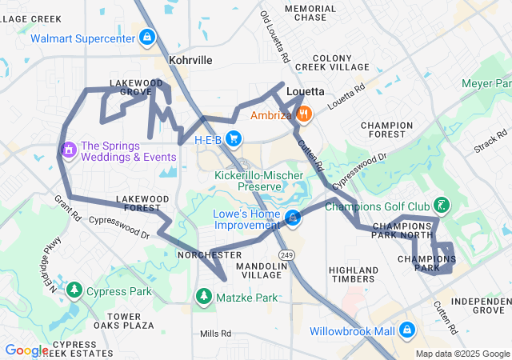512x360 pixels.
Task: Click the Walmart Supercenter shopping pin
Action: pyautogui.click(x=147, y=38)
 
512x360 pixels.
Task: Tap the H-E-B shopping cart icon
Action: pyautogui.click(x=234, y=139)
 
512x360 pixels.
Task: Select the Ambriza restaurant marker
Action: pyautogui.click(x=303, y=115)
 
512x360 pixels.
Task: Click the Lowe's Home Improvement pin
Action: pyautogui.click(x=294, y=218)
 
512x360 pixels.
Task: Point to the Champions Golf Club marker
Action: pyautogui.click(x=440, y=206)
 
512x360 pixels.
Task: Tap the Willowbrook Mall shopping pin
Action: pyautogui.click(x=407, y=330)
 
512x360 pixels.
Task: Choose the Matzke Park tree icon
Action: pyautogui.click(x=204, y=297)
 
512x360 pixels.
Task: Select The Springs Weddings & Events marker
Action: pyautogui.click(x=69, y=150)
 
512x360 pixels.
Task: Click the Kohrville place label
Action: pyautogui.click(x=190, y=60)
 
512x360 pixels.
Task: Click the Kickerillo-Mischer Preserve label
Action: pyautogui.click(x=248, y=181)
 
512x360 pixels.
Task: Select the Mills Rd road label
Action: pyautogui.click(x=215, y=334)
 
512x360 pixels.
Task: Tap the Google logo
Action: pyautogui.click(x=26, y=350)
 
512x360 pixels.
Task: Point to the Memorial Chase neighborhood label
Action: pyautogui.click(x=305, y=13)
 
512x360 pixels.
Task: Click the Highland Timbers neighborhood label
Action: pyautogui.click(x=353, y=274)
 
